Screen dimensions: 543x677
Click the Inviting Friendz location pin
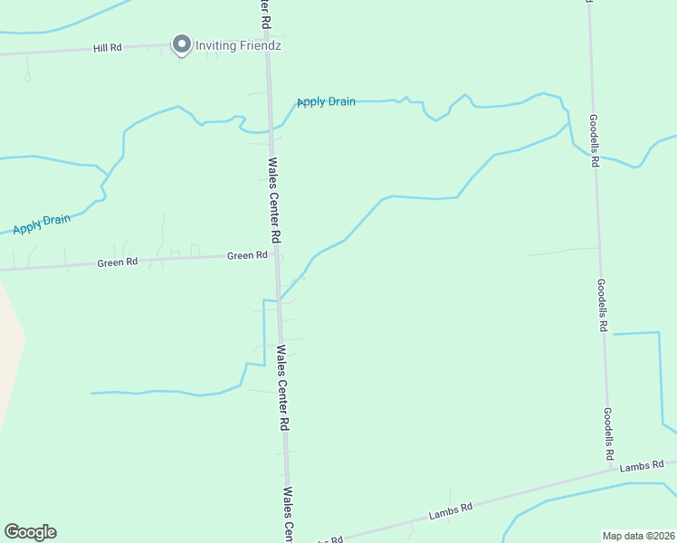(181, 43)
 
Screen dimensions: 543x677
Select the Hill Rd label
(107, 47)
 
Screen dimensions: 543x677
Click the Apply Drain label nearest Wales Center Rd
(326, 101)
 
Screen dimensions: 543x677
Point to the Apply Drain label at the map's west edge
(42, 223)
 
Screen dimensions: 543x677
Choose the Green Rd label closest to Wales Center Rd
(247, 256)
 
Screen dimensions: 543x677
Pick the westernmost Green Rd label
(118, 263)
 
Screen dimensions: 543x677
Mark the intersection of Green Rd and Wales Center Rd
(275, 255)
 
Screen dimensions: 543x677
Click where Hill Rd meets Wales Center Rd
(267, 42)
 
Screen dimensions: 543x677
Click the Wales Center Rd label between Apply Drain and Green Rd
(275, 199)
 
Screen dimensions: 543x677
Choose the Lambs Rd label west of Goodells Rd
(451, 511)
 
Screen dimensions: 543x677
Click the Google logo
(30, 532)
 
